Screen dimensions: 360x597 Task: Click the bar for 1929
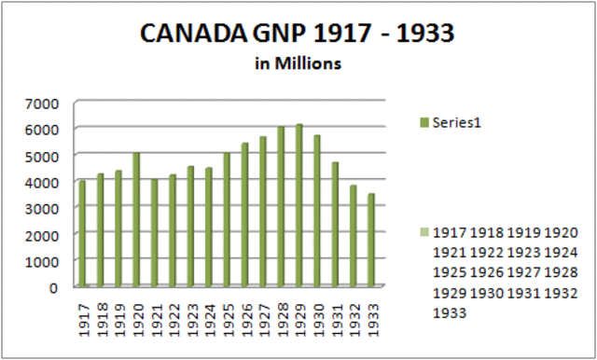tap(299, 205)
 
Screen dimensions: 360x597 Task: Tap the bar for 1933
tap(371, 240)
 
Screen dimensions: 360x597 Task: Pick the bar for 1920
tap(137, 219)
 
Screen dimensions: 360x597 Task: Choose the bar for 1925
tap(227, 219)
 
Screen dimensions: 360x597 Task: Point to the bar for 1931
tap(335, 224)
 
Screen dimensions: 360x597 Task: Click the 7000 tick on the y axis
tap(44, 102)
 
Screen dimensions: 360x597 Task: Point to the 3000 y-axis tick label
tap(44, 207)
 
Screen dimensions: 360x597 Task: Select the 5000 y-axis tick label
tap(44, 155)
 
